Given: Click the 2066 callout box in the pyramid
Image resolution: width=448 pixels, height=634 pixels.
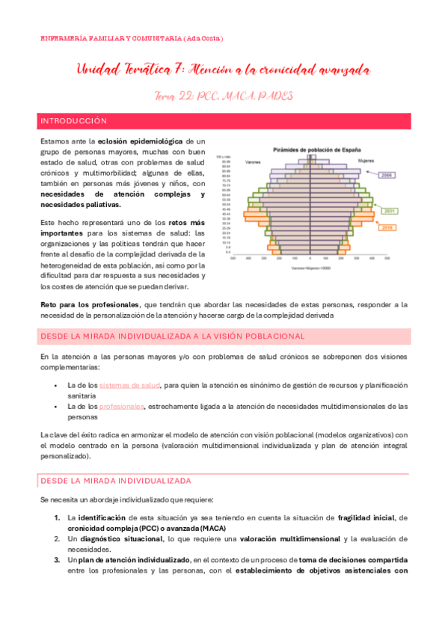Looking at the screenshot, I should coord(387,175).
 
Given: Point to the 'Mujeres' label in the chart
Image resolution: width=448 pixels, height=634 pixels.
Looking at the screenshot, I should coord(366,160).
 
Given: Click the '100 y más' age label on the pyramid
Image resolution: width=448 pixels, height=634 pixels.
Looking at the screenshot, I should coord(221,156).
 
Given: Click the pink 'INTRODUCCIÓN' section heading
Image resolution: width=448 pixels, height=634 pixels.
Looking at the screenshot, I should coord(74,120).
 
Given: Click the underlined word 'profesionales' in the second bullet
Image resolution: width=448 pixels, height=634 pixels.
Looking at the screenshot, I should coord(122,407).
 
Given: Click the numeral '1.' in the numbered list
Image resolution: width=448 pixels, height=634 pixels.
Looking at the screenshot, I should coord(58,517).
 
